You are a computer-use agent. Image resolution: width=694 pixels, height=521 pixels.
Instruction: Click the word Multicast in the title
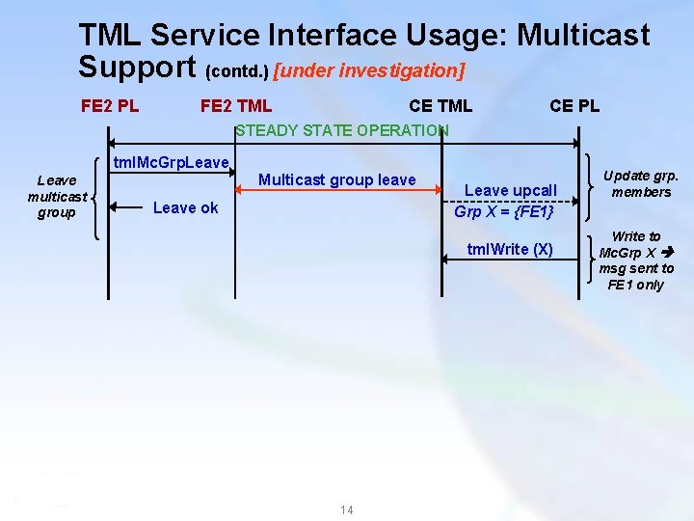[583, 36]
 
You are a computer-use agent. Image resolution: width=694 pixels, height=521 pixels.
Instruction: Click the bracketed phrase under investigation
[369, 70]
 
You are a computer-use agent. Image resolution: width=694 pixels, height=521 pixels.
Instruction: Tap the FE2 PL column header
[110, 105]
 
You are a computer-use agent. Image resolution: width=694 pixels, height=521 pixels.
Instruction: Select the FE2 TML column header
[235, 105]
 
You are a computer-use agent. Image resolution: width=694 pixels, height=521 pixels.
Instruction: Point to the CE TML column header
[440, 105]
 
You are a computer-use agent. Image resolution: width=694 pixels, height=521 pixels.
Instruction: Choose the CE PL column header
[574, 105]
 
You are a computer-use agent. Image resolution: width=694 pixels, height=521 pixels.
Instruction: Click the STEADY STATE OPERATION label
[342, 130]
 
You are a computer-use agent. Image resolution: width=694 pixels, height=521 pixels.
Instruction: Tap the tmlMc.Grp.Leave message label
[171, 162]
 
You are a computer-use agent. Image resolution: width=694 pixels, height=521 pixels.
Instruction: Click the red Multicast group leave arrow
[337, 190]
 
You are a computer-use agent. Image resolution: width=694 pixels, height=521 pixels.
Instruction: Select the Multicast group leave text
[336, 179]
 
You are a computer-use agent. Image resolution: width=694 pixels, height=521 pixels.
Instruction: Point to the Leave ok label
[186, 207]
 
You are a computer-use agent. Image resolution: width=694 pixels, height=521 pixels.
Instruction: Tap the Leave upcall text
[511, 190]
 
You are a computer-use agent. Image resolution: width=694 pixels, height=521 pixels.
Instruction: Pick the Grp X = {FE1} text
[503, 211]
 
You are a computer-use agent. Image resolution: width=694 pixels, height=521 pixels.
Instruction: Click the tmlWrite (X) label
[510, 249]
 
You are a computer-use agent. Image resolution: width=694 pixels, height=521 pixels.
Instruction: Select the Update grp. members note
[640, 183]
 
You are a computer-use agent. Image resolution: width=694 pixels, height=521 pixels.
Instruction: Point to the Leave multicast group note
[57, 196]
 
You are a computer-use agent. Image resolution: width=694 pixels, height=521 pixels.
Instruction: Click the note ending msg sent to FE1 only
[636, 260]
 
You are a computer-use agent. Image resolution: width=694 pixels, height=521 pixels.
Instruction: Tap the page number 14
[347, 509]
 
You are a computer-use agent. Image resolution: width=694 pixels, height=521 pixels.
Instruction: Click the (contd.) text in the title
[238, 71]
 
